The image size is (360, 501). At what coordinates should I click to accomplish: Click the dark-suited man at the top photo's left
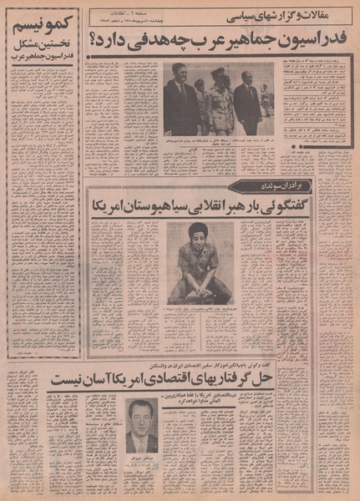click(x=181, y=96)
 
